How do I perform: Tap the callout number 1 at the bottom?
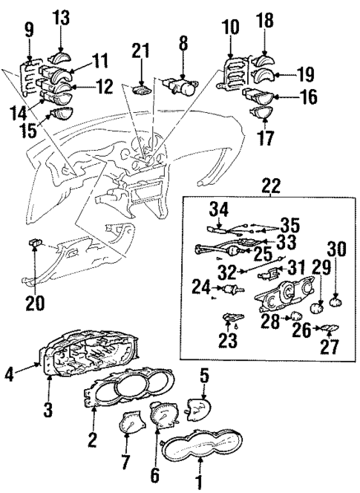coord(198,483)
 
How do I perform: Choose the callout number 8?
coord(183,54)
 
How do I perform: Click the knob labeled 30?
coord(334,301)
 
